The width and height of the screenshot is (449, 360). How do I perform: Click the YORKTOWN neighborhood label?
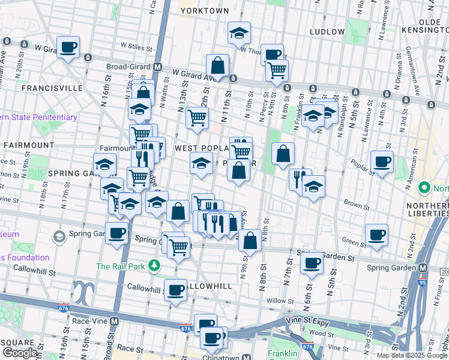[x=205, y=11]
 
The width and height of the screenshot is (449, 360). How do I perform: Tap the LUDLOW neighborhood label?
[x=327, y=31]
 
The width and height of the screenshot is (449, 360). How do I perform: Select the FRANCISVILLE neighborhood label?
[x=52, y=88]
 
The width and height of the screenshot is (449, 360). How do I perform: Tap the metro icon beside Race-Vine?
[x=114, y=320]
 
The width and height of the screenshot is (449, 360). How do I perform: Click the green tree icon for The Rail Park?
[x=155, y=265]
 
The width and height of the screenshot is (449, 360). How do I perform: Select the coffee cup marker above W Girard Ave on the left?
[x=68, y=47]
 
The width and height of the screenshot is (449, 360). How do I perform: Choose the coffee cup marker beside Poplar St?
[x=382, y=161]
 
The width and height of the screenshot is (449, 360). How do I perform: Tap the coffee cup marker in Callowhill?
[x=175, y=290]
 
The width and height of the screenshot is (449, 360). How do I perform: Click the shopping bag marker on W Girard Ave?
[x=217, y=66]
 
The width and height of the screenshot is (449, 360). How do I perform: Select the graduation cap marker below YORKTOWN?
[x=239, y=34]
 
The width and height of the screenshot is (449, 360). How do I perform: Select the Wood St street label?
[x=322, y=333]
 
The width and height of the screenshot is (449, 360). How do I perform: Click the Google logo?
[x=20, y=353]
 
